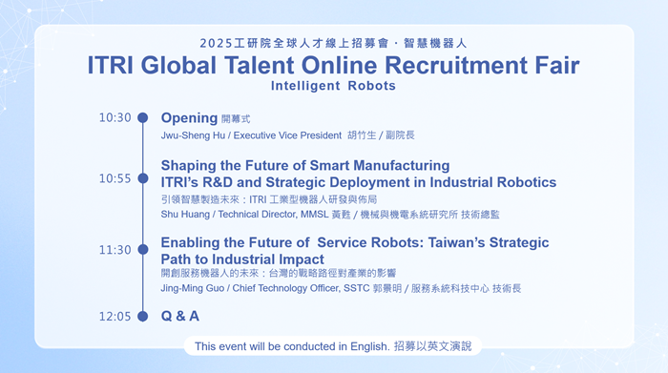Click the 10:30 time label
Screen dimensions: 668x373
pyautogui.click(x=115, y=117)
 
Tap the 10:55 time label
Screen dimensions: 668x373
pyautogui.click(x=115, y=178)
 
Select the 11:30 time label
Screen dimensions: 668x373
pyautogui.click(x=115, y=250)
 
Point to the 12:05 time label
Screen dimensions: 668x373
pyautogui.click(x=115, y=317)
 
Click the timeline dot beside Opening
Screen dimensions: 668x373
pyautogui.click(x=143, y=117)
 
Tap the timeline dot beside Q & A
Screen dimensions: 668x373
pyautogui.click(x=143, y=317)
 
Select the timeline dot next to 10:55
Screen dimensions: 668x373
pyautogui.click(x=143, y=178)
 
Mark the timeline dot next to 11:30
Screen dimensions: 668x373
pyautogui.click(x=143, y=250)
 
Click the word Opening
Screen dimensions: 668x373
pyautogui.click(x=189, y=118)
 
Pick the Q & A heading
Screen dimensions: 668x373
pyautogui.click(x=179, y=316)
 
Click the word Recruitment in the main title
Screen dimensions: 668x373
pyautogui.click(x=456, y=65)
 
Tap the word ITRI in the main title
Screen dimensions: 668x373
pyautogui.click(x=111, y=65)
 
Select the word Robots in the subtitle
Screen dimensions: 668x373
pyautogui.click(x=371, y=86)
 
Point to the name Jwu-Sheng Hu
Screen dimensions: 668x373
pyautogui.click(x=193, y=135)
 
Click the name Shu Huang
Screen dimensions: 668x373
pyautogui.click(x=185, y=215)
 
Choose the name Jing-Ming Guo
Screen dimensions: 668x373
pyautogui.click(x=192, y=288)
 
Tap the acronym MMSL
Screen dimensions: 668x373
pyautogui.click(x=314, y=215)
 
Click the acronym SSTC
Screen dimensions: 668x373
pyautogui.click(x=357, y=288)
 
